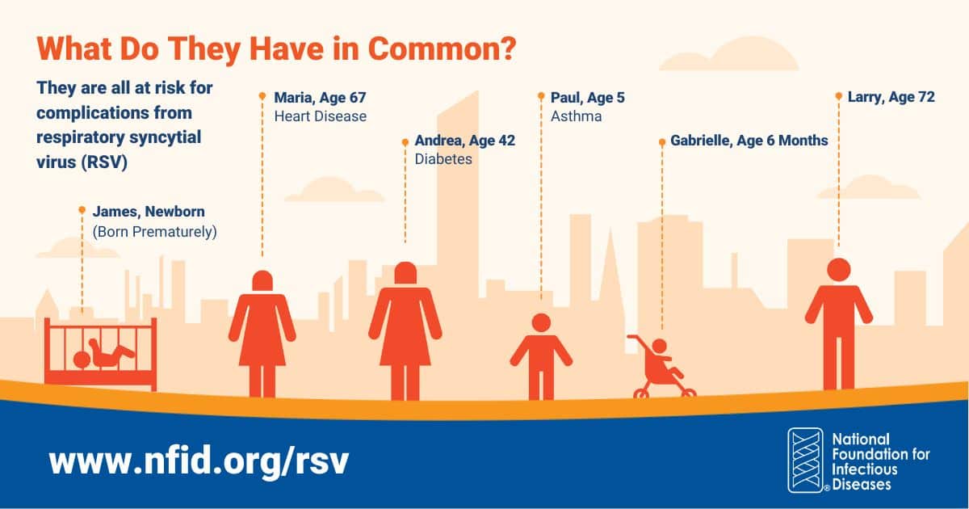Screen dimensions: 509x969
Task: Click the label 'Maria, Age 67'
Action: coord(320,98)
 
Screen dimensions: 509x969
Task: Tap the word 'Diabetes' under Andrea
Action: coord(443,159)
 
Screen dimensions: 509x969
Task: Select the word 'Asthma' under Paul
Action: coord(576,116)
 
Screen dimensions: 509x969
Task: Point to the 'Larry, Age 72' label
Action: coord(891,97)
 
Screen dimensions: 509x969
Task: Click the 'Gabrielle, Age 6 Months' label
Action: coord(749,141)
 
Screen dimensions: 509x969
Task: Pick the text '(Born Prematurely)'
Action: coord(155,231)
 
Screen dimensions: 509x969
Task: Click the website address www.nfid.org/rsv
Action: coord(199,461)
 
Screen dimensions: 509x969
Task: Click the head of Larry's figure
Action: coord(838,270)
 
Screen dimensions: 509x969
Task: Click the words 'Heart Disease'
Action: coord(320,116)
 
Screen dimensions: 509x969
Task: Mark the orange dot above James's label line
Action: coord(82,210)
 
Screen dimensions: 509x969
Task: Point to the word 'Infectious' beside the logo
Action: coord(865,469)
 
